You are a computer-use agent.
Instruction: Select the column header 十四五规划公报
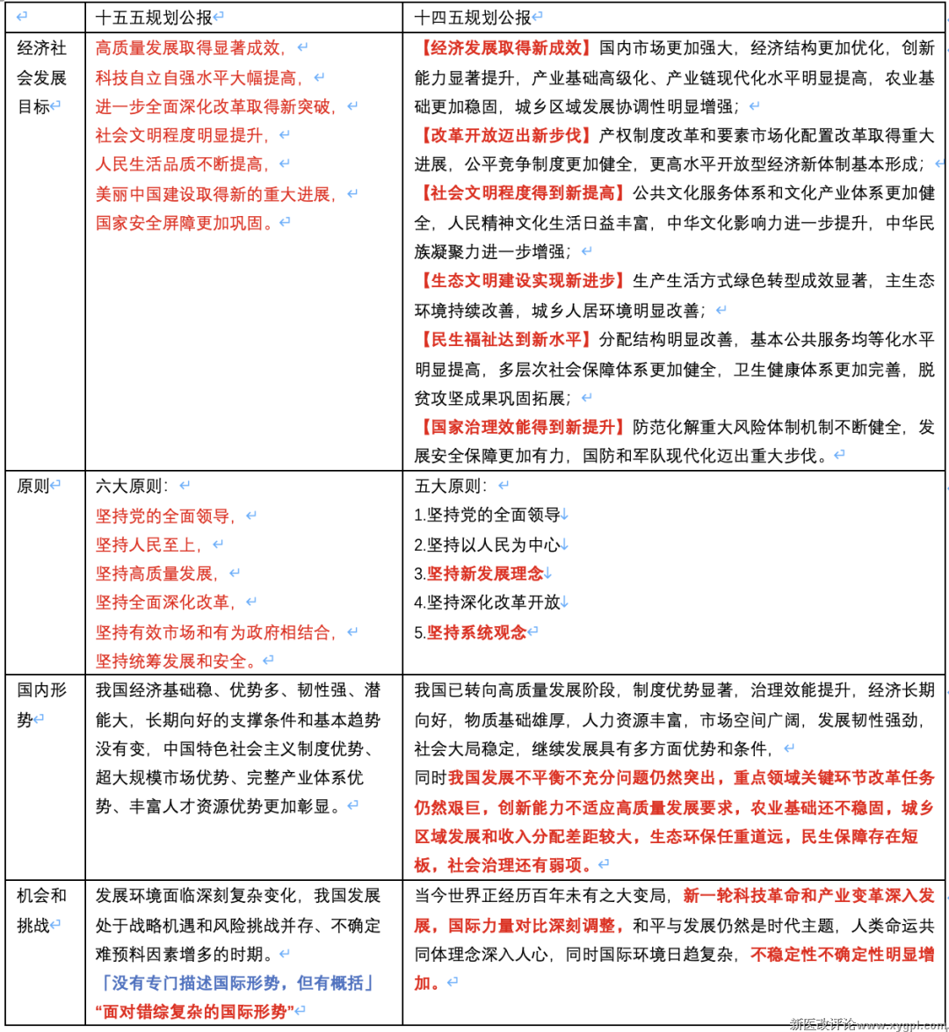pyautogui.click(x=474, y=17)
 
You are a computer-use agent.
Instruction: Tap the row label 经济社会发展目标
pyautogui.click(x=41, y=77)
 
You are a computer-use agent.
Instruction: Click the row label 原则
pyautogui.click(x=33, y=486)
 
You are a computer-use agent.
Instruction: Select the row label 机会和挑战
pyautogui.click(x=41, y=910)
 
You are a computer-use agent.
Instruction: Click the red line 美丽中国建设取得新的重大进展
pyautogui.click(x=215, y=194)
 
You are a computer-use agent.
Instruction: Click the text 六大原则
pyautogui.click(x=132, y=486)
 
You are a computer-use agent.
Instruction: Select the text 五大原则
pyautogui.click(x=451, y=486)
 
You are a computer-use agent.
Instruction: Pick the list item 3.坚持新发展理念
pyautogui.click(x=479, y=574)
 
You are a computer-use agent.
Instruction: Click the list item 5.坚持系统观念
pyautogui.click(x=470, y=632)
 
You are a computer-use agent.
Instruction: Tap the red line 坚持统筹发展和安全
pyautogui.click(x=177, y=660)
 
